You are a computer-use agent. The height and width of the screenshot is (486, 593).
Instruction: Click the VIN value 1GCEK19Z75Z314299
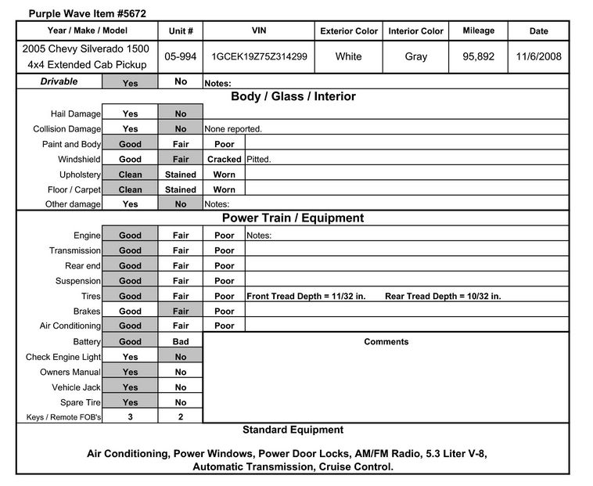(259, 57)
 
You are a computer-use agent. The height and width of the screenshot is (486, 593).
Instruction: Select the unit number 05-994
(181, 57)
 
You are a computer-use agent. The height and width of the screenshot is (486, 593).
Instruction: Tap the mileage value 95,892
(478, 57)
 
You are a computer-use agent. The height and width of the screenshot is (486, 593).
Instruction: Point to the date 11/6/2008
(539, 57)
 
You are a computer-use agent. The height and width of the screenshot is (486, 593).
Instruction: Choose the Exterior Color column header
(349, 31)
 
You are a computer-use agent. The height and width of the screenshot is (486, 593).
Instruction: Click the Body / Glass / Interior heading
(293, 97)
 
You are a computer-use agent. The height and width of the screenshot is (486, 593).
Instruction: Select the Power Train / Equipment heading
(293, 218)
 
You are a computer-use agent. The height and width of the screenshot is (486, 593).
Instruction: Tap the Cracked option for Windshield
(224, 159)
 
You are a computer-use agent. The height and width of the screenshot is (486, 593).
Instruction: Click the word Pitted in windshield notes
(258, 159)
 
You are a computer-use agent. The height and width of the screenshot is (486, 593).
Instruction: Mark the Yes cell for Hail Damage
(130, 113)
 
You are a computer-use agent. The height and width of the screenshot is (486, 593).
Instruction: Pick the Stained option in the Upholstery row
(181, 174)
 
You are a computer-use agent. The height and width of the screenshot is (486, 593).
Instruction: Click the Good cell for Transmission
(130, 250)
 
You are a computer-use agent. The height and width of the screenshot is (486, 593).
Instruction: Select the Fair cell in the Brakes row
(181, 311)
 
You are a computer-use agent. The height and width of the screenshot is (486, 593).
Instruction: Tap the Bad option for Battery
(181, 341)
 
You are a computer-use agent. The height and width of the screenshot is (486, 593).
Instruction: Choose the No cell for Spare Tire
(181, 402)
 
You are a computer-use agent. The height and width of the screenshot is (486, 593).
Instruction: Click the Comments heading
(386, 341)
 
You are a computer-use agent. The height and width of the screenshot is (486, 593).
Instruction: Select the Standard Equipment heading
(293, 430)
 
